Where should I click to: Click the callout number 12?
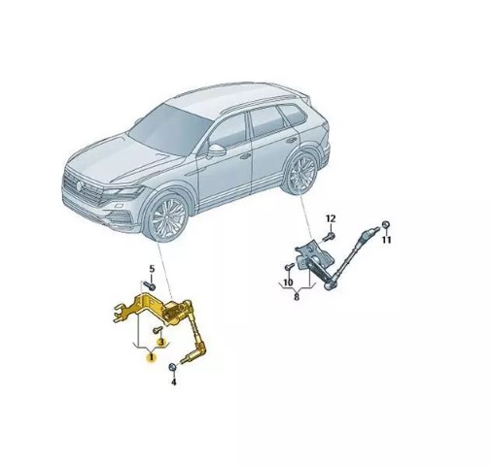point(331,218)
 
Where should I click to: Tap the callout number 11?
point(386,240)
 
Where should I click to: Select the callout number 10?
point(288,283)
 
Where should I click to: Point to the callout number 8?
point(297,297)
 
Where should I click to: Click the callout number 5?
point(152,269)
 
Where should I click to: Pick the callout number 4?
point(174,383)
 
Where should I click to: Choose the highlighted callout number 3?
point(161,342)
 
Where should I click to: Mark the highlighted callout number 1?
point(151,357)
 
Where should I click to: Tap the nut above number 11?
point(386,224)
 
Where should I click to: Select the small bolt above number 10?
point(289,267)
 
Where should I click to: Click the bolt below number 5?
point(149,285)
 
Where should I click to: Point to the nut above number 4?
point(173,367)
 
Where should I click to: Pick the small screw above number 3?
point(158,330)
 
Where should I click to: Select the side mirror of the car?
point(216,150)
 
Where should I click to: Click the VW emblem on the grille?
point(79,185)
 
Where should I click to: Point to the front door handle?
point(245,156)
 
